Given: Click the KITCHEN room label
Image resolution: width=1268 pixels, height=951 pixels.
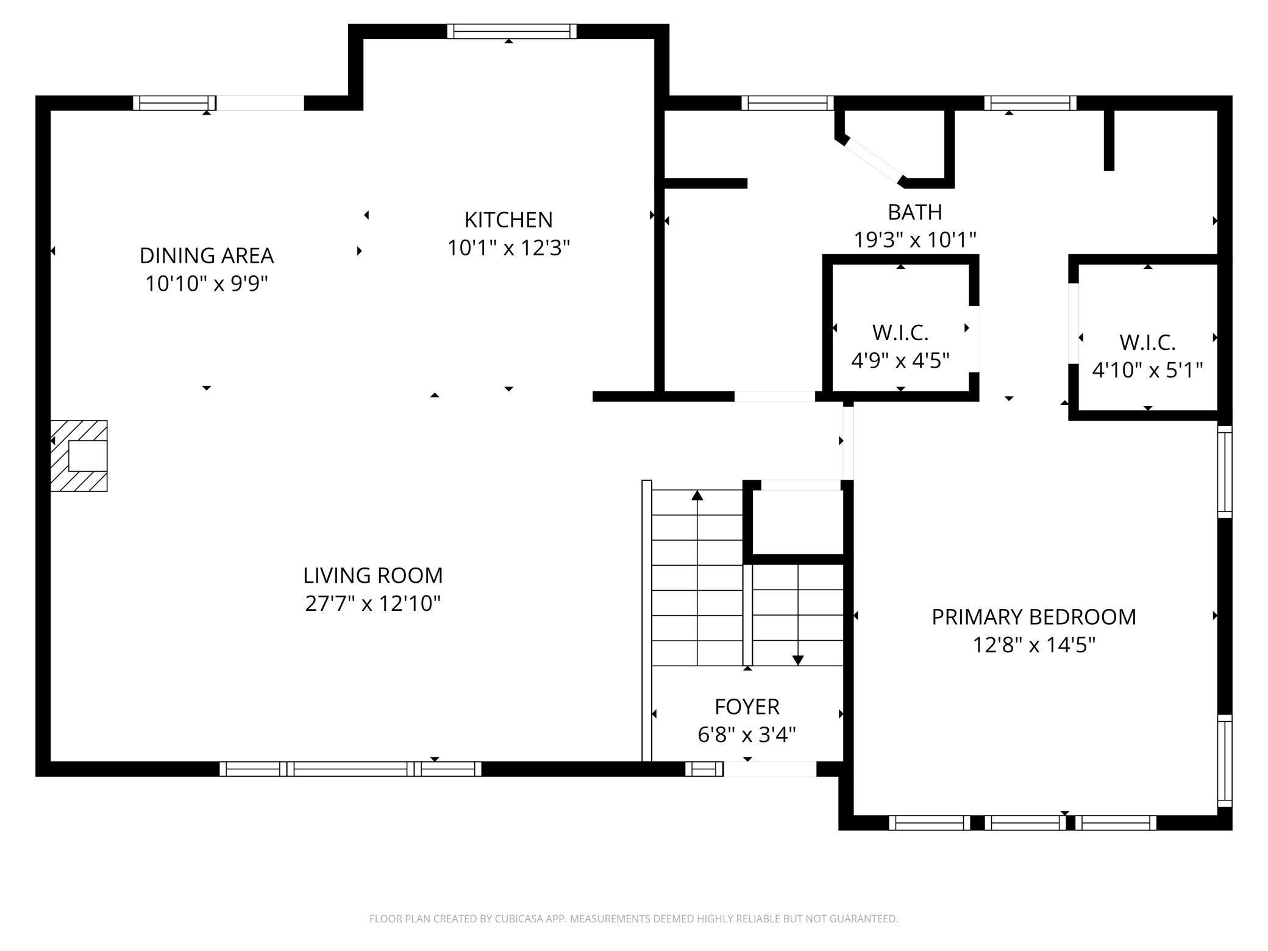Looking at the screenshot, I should tap(508, 219).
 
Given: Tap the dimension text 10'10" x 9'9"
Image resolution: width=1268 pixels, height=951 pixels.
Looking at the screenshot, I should tap(207, 283).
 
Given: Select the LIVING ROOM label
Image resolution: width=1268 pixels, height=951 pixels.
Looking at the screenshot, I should tap(372, 575).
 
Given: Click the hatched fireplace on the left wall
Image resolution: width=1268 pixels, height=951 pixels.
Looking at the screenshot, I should tap(79, 456).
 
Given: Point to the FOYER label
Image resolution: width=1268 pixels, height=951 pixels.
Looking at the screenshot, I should tap(747, 707).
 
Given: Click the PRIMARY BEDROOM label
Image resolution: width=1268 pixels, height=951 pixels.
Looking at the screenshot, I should tap(1033, 617).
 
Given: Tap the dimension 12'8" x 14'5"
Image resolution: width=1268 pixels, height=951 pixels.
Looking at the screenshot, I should tap(1033, 645).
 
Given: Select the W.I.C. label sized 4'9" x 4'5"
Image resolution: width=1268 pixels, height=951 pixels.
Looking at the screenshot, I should tap(900, 333).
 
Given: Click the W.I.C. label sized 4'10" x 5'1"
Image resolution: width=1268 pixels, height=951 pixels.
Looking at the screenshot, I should tap(1147, 343).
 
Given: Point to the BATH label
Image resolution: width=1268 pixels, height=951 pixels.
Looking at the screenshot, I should tap(914, 212).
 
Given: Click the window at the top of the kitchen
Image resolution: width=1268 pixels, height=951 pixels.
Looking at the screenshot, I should tap(511, 32).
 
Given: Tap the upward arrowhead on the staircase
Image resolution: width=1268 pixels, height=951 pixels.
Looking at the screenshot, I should tap(697, 496).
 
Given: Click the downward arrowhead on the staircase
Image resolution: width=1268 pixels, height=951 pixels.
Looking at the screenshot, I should tap(798, 660).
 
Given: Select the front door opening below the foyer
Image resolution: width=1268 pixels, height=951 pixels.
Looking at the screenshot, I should tap(770, 769).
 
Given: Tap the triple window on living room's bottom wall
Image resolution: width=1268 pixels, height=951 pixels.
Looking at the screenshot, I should tap(351, 769).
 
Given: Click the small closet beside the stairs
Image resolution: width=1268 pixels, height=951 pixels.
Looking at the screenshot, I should tap(798, 521).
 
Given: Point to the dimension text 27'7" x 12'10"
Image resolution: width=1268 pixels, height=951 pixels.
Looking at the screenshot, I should tap(372, 604).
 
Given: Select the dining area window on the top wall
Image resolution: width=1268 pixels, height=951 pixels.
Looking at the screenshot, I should tap(174, 103).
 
